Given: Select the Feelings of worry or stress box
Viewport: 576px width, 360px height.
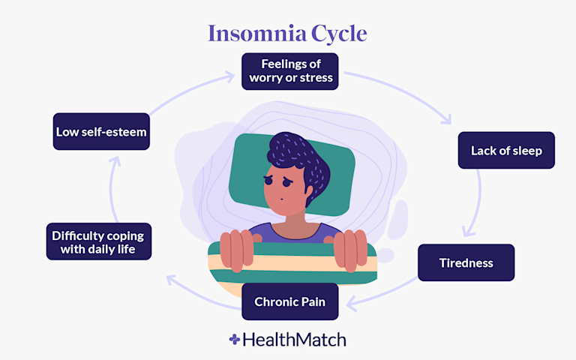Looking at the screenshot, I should pyautogui.click(x=290, y=71).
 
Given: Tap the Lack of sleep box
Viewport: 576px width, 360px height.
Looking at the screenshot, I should pyautogui.click(x=506, y=150).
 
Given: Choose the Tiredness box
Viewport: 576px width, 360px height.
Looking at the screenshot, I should pyautogui.click(x=466, y=262).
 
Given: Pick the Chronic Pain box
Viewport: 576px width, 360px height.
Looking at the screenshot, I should pyautogui.click(x=289, y=302).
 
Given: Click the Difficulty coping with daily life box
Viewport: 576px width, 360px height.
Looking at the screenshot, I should pyautogui.click(x=98, y=241).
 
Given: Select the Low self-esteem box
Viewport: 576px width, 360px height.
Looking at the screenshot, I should pyautogui.click(x=101, y=131).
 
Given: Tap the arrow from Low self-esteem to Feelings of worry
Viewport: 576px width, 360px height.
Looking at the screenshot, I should pyautogui.click(x=180, y=86).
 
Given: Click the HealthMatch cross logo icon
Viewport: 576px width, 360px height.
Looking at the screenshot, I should pyautogui.click(x=235, y=340).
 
